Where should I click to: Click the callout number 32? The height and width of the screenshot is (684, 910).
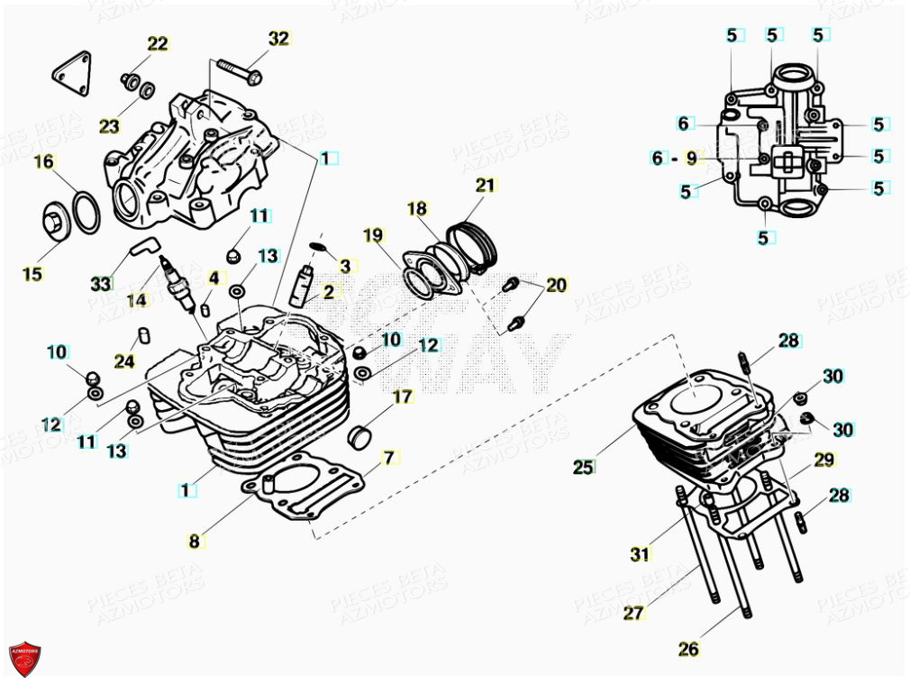tap(278, 38)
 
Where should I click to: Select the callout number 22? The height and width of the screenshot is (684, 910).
tap(158, 43)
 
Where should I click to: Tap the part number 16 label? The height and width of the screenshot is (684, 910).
tap(43, 161)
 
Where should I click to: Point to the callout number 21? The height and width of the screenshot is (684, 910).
tap(486, 186)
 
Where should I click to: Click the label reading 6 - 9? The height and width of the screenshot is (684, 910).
tap(674, 158)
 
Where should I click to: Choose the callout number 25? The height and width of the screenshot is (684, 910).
tap(583, 467)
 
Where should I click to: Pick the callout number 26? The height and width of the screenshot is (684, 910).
tap(688, 648)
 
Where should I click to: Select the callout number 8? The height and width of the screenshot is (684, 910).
tap(194, 542)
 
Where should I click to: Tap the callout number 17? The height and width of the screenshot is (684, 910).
tap(401, 397)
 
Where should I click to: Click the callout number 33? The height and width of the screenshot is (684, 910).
tap(100, 284)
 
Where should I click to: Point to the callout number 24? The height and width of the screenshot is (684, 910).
tap(124, 361)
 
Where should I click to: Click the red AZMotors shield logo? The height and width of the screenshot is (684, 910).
tap(24, 659)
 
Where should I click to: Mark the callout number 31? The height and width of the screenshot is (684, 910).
tap(640, 554)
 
